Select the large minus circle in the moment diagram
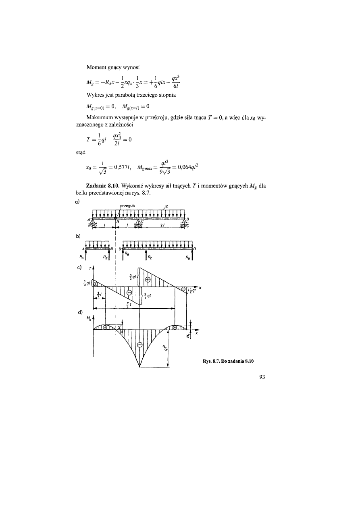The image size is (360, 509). pos(139,345)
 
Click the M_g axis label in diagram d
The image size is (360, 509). pos(88,318)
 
